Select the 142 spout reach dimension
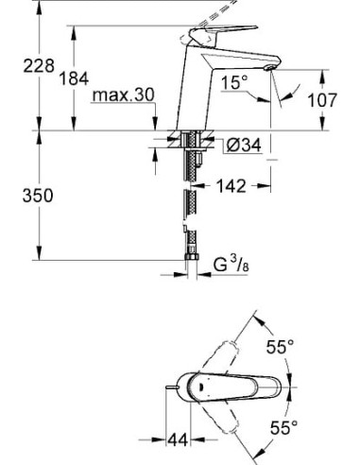[231, 186]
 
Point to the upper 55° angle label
[277, 348]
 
